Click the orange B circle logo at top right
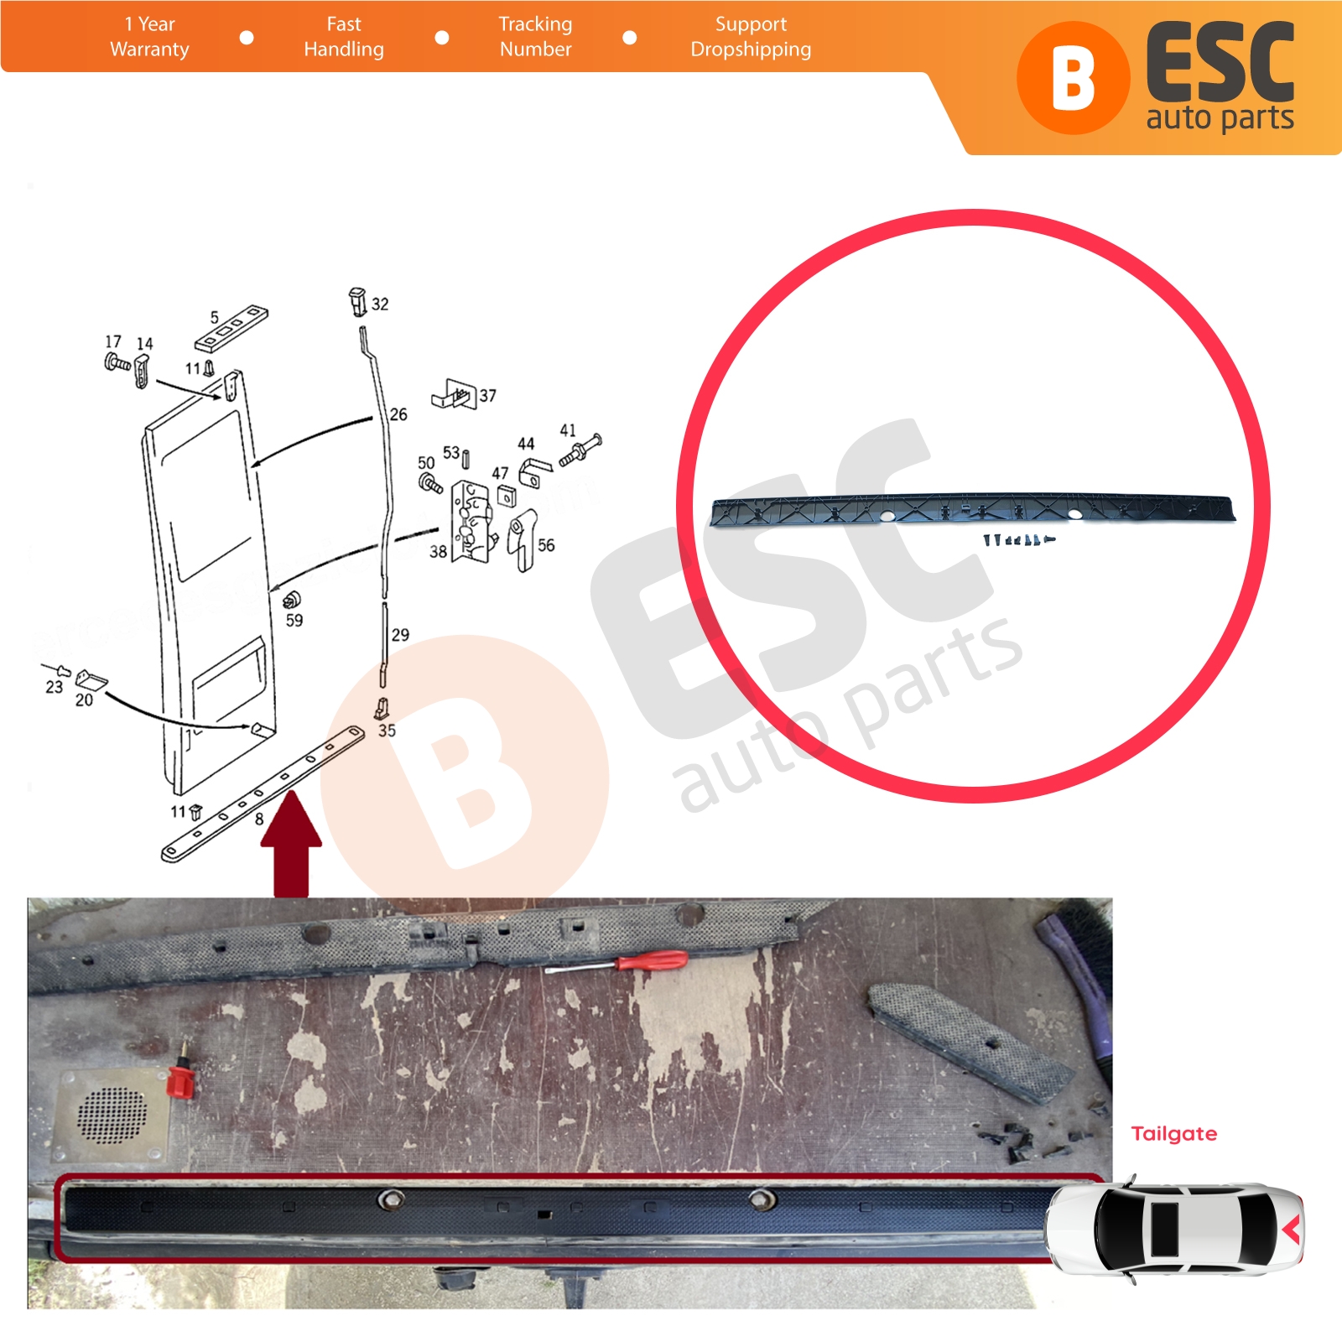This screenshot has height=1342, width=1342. coord(1073,78)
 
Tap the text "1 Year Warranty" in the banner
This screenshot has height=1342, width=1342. coord(149,37)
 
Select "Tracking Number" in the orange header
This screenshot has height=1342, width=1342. coord(535,37)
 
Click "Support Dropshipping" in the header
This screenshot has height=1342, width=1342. coord(751,37)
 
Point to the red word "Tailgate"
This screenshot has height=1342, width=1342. coord(1173,1134)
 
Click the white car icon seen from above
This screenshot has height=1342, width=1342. coord(1174,1230)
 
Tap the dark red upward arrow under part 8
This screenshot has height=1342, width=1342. coord(291,844)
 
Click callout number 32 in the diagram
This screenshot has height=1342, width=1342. coord(380,304)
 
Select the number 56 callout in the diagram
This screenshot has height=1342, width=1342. coord(546,545)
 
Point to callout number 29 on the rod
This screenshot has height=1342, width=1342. coord(400,635)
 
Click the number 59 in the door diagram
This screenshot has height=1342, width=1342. coord(294,621)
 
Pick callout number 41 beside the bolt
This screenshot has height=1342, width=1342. coord(568,430)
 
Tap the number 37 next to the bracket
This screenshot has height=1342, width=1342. coord(487,396)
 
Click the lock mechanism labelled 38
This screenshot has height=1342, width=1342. coord(471,521)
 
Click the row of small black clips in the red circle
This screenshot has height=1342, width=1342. coord(1018,539)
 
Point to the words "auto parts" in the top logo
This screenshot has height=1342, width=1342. coord(1220,118)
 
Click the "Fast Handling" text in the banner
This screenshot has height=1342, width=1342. coord(344,37)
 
